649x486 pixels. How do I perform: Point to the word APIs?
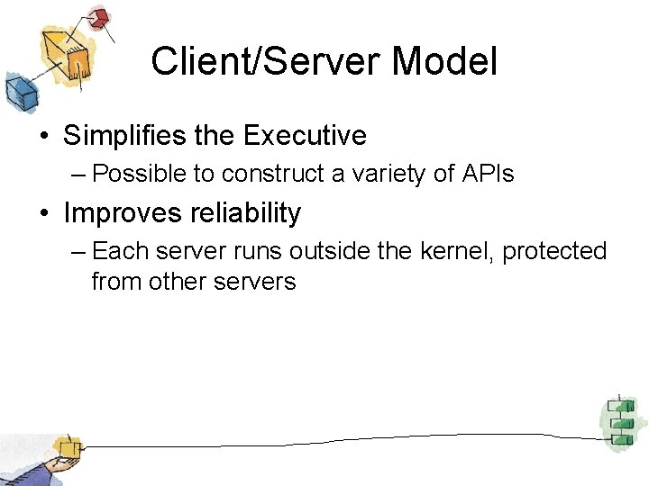(x=487, y=174)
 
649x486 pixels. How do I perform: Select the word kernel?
(x=455, y=251)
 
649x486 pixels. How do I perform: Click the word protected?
(x=554, y=251)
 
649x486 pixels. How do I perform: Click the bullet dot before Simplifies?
(x=43, y=137)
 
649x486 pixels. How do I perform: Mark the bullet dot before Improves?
(x=43, y=214)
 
